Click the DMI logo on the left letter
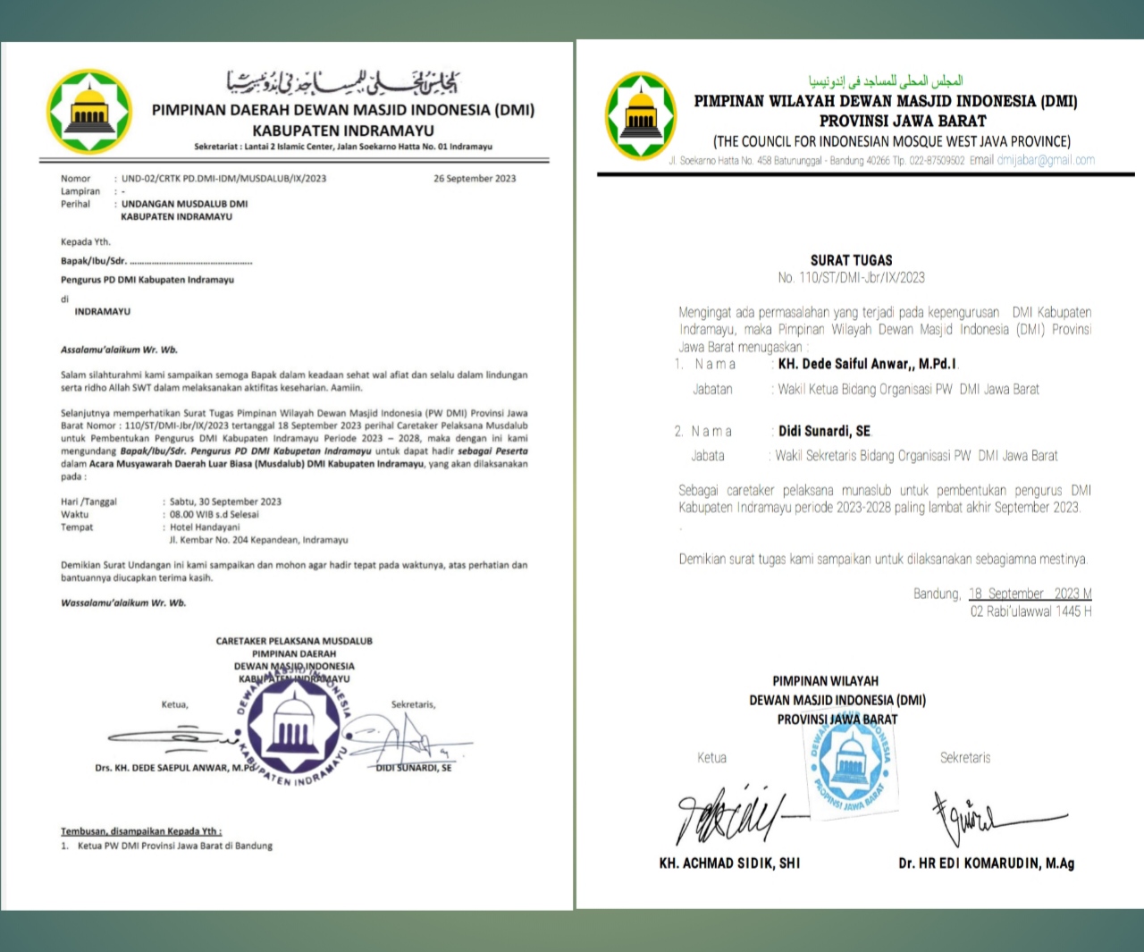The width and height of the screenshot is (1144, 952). (x=89, y=112)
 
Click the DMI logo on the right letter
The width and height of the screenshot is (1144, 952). (x=641, y=116)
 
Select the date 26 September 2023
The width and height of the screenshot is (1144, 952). (x=475, y=179)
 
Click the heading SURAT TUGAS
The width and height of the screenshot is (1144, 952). (x=851, y=260)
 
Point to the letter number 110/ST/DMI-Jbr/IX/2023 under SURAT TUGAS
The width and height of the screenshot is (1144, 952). (x=851, y=278)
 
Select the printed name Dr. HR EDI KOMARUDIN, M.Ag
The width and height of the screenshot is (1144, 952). (x=987, y=864)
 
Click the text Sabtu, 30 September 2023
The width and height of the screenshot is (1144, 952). (x=226, y=502)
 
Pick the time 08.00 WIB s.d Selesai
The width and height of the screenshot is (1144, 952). (x=214, y=515)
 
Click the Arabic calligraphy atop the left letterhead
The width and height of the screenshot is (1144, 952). (x=344, y=83)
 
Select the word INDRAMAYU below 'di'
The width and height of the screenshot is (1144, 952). (x=103, y=312)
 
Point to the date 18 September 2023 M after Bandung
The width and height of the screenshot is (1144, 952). (x=1030, y=594)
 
